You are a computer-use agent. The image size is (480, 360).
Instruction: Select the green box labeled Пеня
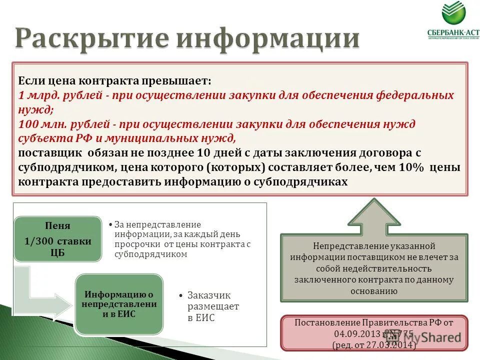57,239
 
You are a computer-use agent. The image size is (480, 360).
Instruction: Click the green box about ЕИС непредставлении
119,304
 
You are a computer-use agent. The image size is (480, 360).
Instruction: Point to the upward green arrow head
374,212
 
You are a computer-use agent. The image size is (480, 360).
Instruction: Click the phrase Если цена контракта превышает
115,80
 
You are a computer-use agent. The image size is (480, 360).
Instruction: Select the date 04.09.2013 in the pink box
354,334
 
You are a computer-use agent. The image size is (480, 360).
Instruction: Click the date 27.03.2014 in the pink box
391,345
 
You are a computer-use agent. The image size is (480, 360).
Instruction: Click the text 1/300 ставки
57,241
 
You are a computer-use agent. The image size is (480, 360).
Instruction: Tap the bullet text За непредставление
157,224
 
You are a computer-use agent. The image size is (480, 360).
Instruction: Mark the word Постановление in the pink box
324,322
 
